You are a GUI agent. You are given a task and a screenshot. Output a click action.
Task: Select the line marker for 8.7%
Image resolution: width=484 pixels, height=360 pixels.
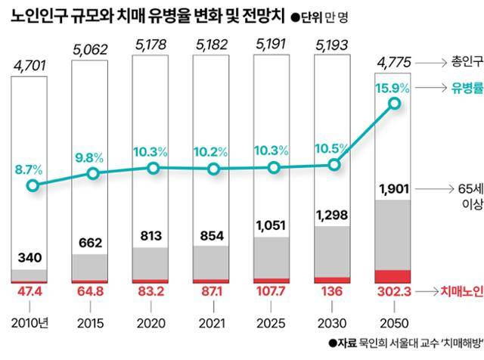(x=32, y=185)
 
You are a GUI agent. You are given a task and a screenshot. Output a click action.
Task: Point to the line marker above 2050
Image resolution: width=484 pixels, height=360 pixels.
(x=393, y=105)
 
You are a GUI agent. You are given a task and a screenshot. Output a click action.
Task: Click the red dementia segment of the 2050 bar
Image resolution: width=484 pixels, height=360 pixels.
(x=393, y=275)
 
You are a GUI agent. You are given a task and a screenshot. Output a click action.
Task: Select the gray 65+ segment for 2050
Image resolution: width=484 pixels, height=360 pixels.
(x=393, y=234)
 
